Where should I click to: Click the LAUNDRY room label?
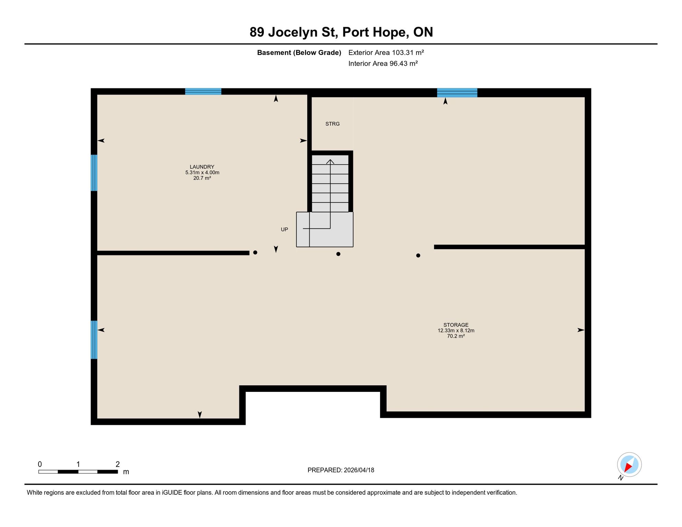(202, 167)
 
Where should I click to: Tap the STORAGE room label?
(456, 325)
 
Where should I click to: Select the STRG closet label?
(332, 124)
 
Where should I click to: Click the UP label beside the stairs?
(284, 230)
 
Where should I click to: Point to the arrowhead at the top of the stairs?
(330, 162)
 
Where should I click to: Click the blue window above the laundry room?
(203, 92)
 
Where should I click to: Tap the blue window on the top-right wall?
(457, 93)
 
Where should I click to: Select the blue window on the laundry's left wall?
(94, 173)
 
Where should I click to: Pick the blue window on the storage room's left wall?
(94, 340)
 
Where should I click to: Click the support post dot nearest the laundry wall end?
(255, 253)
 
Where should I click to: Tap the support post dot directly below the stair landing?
(338, 254)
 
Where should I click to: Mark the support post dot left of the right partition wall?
(418, 256)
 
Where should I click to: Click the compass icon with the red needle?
(629, 465)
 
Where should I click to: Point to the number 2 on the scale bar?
(118, 464)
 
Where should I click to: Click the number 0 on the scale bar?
(40, 464)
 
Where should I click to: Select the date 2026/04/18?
(359, 470)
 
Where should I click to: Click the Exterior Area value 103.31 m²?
(408, 52)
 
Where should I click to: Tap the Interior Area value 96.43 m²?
(403, 63)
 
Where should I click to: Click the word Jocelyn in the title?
(293, 33)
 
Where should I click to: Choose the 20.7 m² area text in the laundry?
(202, 178)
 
